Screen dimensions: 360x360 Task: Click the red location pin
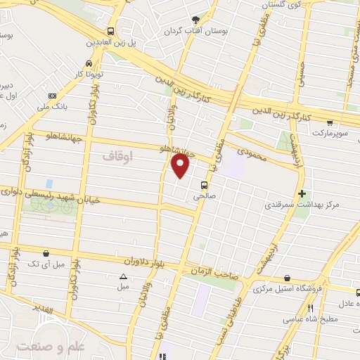(x=181, y=166)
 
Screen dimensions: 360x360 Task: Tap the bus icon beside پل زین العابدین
(x=111, y=32)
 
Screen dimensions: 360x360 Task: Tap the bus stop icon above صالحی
(x=204, y=186)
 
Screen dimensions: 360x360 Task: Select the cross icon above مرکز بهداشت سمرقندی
(x=302, y=193)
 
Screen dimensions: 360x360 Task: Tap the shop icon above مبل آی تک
(x=46, y=252)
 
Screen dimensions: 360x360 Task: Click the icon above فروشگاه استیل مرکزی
(x=287, y=278)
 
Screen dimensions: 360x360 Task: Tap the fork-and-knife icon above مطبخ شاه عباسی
(x=310, y=308)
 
